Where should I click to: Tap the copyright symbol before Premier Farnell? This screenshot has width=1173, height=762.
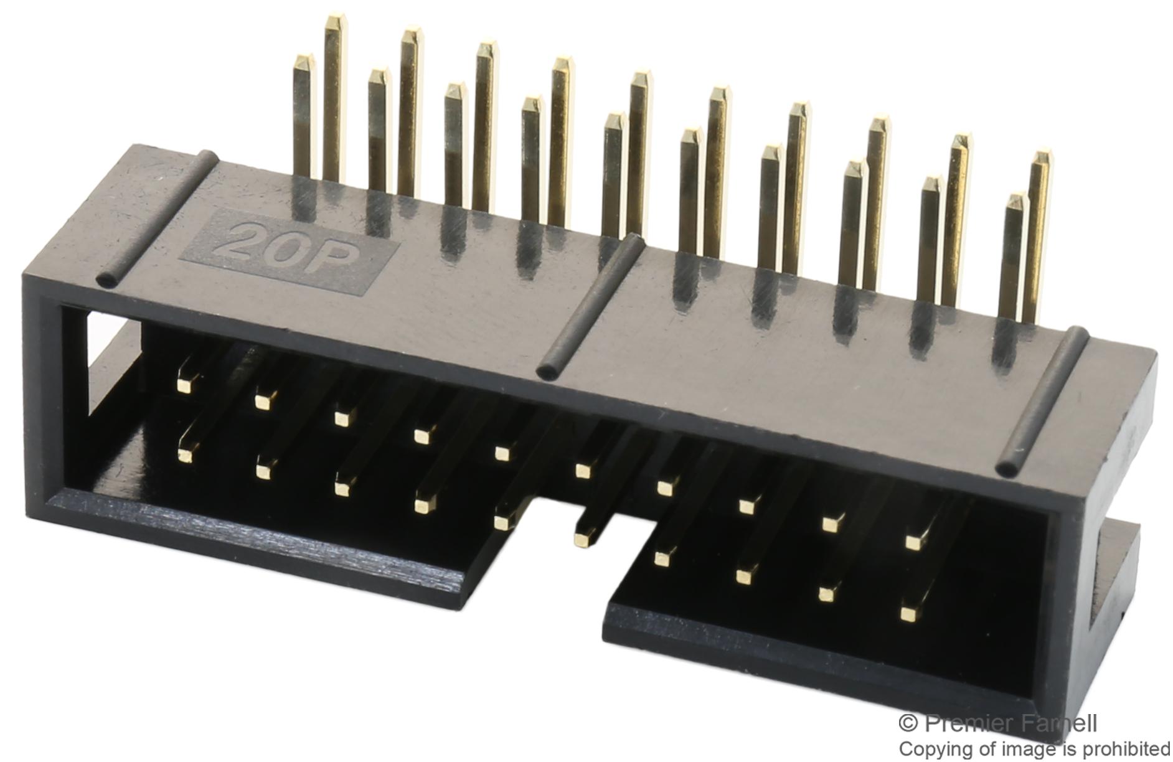click(x=908, y=723)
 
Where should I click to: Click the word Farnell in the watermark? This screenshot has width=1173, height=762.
click(x=1058, y=723)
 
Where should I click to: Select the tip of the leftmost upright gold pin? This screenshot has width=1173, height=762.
click(x=303, y=61)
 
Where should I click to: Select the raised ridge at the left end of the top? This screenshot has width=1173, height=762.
click(x=156, y=218)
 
